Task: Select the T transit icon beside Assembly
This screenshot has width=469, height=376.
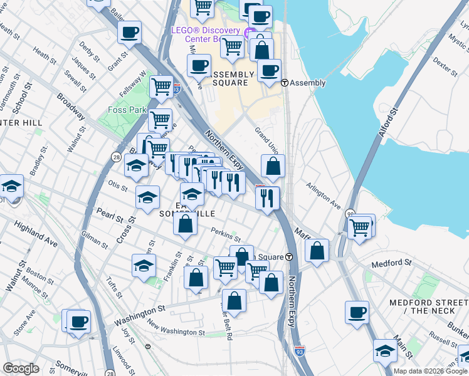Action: [284, 83]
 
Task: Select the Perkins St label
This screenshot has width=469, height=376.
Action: [225, 236]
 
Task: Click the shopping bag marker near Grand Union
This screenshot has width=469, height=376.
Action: [273, 167]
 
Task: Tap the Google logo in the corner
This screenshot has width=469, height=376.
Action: [21, 368]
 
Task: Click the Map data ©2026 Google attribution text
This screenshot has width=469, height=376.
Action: [430, 371]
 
